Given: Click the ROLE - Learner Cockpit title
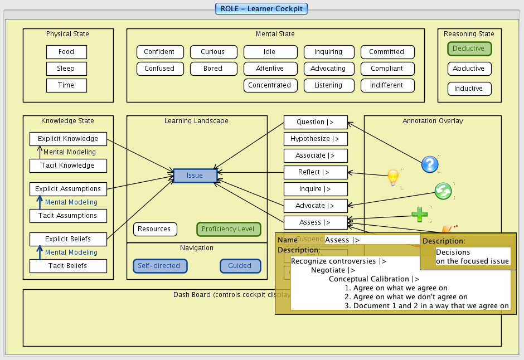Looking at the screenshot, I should pos(262,9).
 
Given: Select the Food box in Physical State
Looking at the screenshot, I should pos(66,52).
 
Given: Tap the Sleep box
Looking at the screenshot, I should pos(66,69).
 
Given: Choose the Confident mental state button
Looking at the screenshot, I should pos(159,52).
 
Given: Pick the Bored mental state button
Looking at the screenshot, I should pos(213,69).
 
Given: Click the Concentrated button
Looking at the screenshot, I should pos(270,85).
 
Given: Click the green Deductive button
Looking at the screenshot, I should pos(469,48).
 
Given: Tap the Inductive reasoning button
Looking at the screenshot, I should pos(469,89).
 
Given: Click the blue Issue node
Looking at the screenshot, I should pos(195,176).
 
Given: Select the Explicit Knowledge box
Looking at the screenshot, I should pos(68,139).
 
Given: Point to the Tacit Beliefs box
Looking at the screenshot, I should pos(68,266).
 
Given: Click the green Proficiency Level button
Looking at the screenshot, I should pos(229,229).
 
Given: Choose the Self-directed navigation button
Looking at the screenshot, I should pos(159,266).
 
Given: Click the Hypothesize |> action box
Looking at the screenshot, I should pos(316,139).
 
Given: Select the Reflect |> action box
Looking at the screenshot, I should pos(316,172).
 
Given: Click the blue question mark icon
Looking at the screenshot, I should pos(430,164).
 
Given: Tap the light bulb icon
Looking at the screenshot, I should pos(394,177).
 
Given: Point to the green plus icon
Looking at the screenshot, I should pos(420,213).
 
